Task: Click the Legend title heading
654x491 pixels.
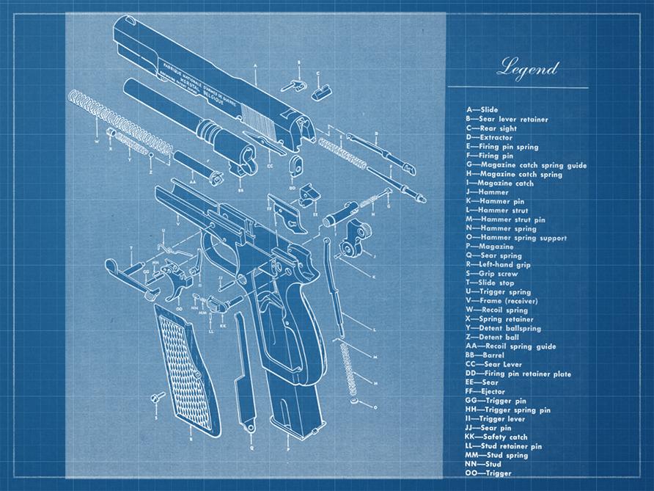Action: [528, 69]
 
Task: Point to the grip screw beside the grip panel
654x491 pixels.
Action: [155, 398]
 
